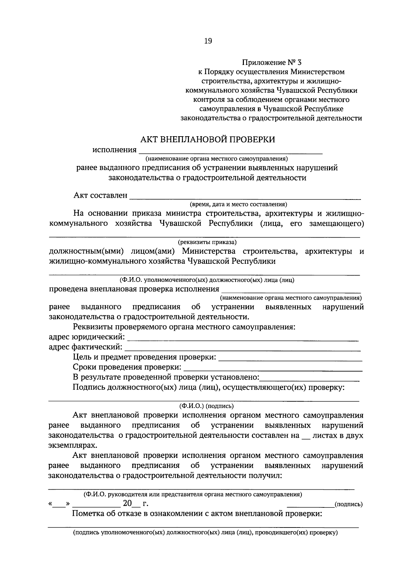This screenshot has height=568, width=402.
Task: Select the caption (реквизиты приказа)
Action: click(207, 242)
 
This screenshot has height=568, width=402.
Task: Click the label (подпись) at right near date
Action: click(349, 504)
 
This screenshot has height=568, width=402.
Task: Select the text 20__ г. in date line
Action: click(135, 503)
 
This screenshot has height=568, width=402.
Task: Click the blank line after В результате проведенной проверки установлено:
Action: click(310, 379)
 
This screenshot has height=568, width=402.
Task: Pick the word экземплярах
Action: click(73, 445)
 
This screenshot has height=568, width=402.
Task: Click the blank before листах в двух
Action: click(306, 436)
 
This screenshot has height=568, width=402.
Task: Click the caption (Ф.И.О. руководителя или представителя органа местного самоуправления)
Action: click(193, 494)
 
